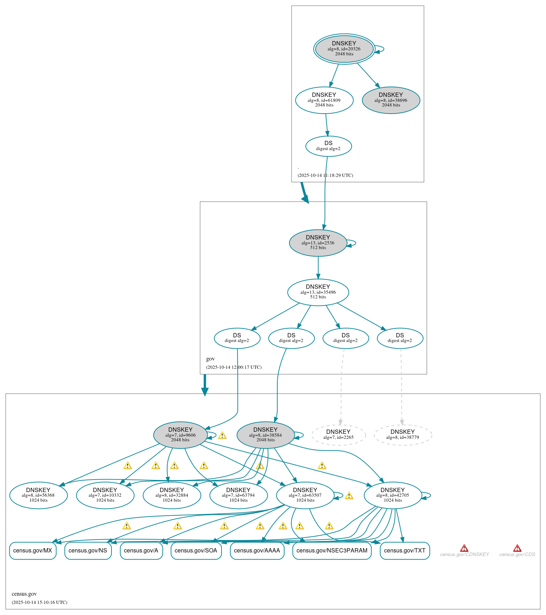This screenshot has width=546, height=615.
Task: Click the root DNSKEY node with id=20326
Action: point(344,49)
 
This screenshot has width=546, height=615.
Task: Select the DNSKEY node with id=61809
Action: point(324,100)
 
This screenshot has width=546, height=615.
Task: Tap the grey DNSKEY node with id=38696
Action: point(391,100)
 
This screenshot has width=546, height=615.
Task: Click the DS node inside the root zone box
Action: point(328,146)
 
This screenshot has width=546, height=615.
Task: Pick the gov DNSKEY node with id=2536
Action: point(318,243)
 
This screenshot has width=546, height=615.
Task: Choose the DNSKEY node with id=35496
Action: point(318,292)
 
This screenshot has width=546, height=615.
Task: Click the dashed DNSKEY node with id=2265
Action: point(338,435)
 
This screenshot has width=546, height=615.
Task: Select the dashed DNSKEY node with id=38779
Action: point(403,435)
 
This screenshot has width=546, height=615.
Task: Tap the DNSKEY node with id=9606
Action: point(180,435)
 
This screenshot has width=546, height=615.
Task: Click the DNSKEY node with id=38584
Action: point(265,435)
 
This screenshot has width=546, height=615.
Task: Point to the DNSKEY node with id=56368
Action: point(38,495)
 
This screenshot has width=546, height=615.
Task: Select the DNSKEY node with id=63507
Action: point(305,495)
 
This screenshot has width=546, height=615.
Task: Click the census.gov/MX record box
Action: point(33,550)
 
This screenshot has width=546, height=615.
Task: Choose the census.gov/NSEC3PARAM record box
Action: point(332,550)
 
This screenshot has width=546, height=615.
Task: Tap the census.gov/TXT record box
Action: point(404,550)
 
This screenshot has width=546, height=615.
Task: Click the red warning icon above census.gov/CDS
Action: point(517,548)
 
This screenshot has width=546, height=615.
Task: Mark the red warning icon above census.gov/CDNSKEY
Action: point(464,548)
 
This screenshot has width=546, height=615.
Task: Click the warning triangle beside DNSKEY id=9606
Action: point(222,435)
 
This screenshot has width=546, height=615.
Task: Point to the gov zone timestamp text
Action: point(234,367)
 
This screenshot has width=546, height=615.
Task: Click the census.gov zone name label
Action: point(24,594)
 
